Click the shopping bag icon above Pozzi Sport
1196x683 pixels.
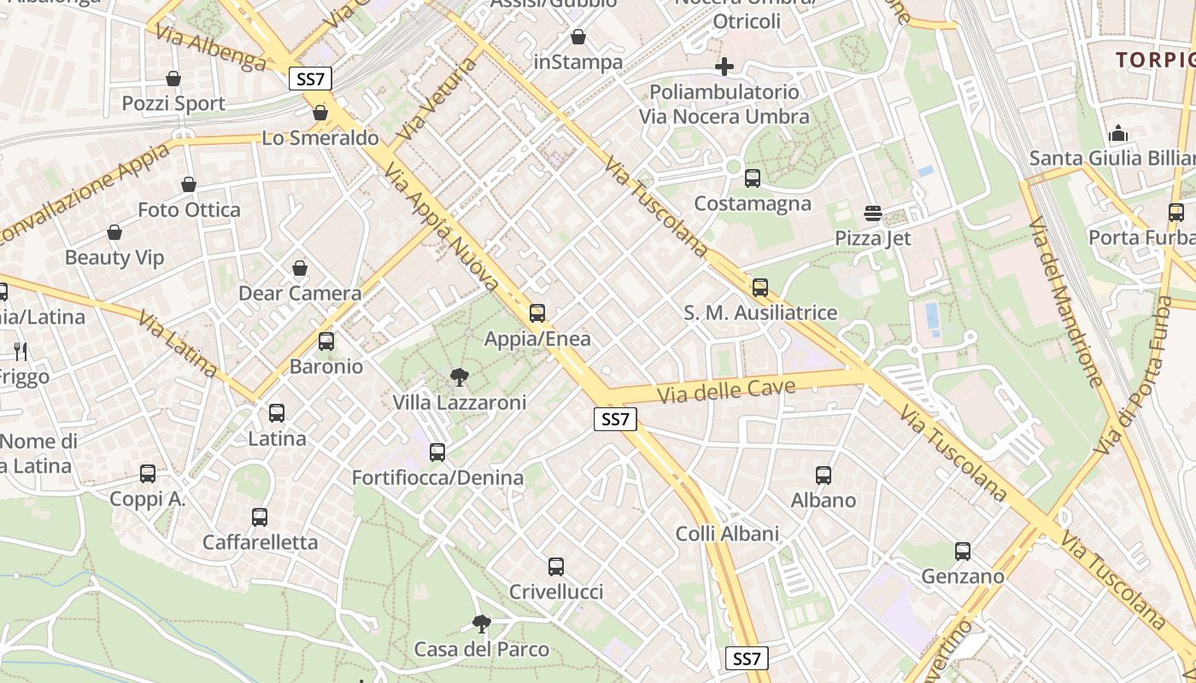[173, 79]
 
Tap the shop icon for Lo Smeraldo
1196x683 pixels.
[320, 113]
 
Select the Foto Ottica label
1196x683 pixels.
[189, 210]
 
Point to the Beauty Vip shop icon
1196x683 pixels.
[114, 232]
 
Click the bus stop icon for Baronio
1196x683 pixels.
[325, 341]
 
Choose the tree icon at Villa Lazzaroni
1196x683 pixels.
[459, 377]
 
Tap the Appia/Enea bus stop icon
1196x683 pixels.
[537, 313]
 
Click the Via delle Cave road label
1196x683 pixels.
[727, 391]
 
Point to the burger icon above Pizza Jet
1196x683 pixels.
[872, 213]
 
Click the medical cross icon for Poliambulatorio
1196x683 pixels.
[724, 67]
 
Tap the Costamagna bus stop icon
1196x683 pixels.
[753, 178]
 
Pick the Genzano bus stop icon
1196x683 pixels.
[963, 552]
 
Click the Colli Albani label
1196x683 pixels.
[727, 534]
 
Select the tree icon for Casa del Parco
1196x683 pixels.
[482, 624]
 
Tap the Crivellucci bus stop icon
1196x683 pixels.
[556, 566]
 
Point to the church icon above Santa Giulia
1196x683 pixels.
[1117, 133]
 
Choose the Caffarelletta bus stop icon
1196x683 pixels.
[260, 517]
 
